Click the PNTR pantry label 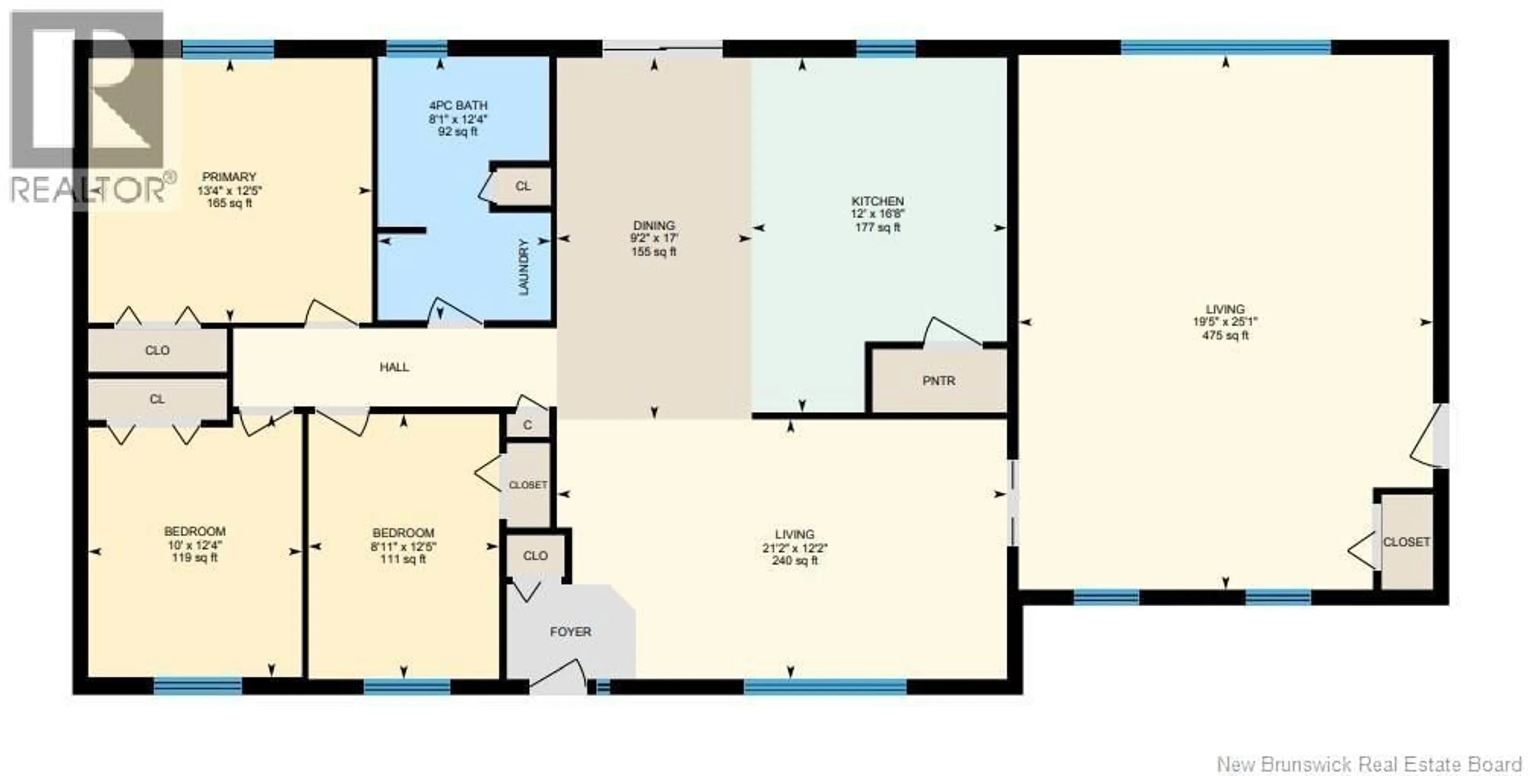[x=938, y=381]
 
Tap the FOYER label [x=570, y=632]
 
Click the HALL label [x=394, y=367]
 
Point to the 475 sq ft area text [x=1225, y=336]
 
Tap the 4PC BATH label [x=458, y=106]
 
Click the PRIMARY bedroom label [x=229, y=177]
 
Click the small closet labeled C [x=527, y=425]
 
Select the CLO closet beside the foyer [x=535, y=556]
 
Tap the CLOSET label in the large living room [x=1406, y=542]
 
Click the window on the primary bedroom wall [x=228, y=49]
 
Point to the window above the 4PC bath [x=416, y=48]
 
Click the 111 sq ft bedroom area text [x=403, y=559]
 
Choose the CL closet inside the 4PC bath [x=523, y=187]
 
